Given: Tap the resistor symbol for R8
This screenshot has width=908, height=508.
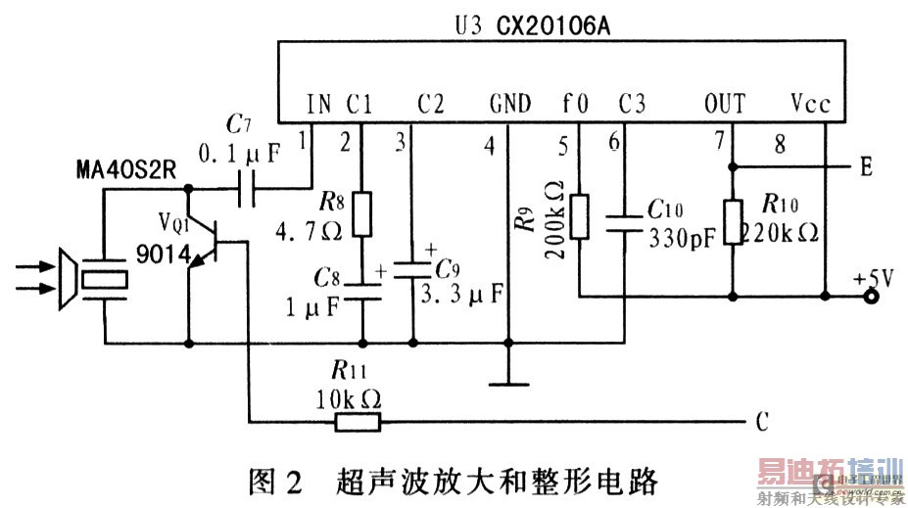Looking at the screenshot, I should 362,214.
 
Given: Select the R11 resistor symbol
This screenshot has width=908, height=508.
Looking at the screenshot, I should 358,422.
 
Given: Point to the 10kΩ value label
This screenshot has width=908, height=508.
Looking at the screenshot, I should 349,398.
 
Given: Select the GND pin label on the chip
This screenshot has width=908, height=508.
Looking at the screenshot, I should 509,104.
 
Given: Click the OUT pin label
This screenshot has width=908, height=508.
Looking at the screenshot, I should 725,104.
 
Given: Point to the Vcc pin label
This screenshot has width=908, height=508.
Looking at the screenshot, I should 808,104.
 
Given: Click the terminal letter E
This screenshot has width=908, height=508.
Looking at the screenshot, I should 866,167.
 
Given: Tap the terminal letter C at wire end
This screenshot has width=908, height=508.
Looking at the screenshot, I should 761,423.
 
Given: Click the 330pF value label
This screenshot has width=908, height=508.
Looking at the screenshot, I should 680,236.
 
